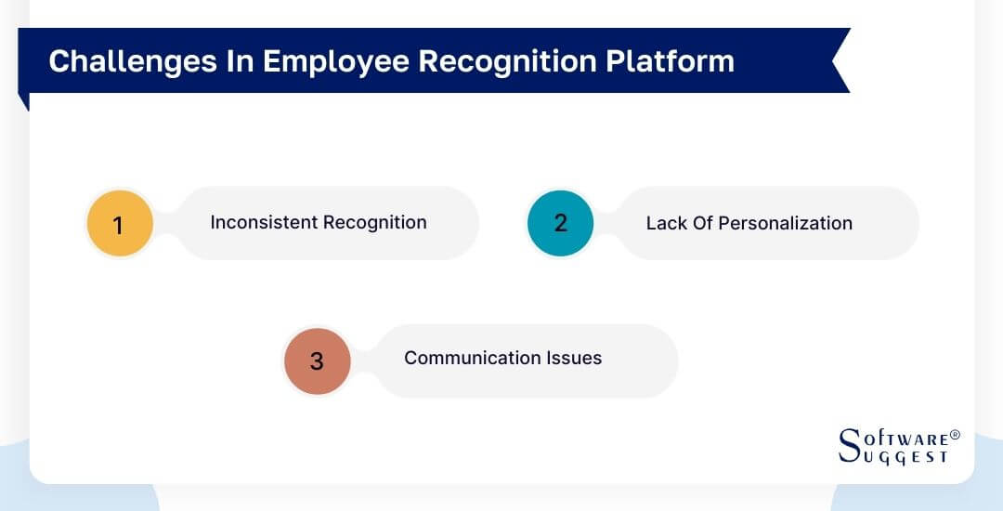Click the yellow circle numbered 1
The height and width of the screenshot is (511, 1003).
118,224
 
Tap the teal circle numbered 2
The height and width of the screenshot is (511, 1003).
560,224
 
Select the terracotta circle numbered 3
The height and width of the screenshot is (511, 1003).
317,360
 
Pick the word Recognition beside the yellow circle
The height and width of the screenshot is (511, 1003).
374,223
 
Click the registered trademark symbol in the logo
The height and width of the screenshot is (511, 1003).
955,435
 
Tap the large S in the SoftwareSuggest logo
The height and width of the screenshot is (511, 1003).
850,446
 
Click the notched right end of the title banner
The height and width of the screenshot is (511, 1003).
839,60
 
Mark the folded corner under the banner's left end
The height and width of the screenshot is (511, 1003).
24,100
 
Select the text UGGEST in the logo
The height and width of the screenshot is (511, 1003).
905,457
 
